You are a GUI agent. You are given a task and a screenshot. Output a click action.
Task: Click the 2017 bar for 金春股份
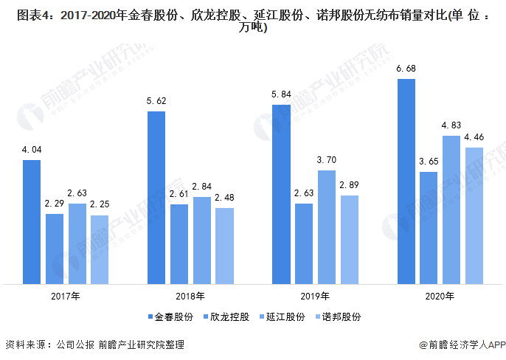pos(31,222)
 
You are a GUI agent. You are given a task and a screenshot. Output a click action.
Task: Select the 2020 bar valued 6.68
pos(406,181)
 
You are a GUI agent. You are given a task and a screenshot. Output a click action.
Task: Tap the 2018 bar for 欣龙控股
pos(179,244)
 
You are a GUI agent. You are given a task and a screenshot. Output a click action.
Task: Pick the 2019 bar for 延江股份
pos(327,227)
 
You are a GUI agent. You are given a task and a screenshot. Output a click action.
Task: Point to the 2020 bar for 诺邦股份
pos(474,215)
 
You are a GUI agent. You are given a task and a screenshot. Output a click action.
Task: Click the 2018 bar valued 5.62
pos(156,198)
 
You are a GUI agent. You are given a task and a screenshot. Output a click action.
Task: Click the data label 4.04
pos(31,150)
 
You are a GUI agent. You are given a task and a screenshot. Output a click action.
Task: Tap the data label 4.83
pos(451,125)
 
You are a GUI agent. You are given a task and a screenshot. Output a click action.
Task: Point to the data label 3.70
pos(327,160)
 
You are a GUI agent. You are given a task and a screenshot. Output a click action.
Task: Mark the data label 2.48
pos(224,198)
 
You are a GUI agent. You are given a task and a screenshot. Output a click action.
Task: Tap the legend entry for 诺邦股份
pos(337,317)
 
